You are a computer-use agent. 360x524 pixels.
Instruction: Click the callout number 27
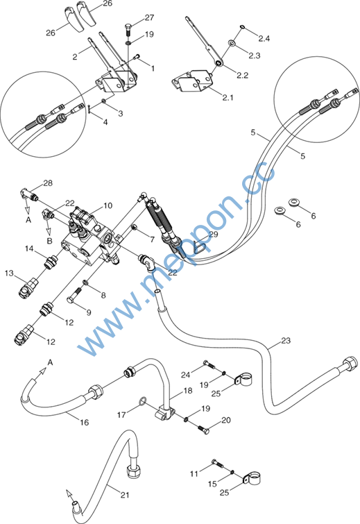[x=149, y=18]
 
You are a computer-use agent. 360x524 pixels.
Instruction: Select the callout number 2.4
[x=264, y=39]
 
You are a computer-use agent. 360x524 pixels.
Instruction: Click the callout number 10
[x=108, y=205]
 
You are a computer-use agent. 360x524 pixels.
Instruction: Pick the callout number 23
[x=286, y=341]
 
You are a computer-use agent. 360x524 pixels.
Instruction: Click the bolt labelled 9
[x=74, y=294]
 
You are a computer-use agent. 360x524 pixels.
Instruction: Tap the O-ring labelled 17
[x=143, y=400]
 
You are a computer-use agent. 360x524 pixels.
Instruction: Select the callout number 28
[x=48, y=183]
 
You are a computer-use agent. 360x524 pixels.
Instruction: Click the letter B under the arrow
[x=50, y=241]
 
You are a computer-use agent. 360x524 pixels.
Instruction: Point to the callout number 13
[x=9, y=273]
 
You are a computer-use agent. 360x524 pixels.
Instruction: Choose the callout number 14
[x=29, y=248]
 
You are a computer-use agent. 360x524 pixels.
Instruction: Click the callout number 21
[x=125, y=495]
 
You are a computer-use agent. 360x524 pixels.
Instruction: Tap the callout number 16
[x=84, y=423]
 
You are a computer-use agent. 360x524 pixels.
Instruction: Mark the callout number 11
[x=194, y=473]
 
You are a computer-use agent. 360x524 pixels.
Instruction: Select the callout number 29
[x=214, y=235]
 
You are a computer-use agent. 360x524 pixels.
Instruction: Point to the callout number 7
[x=153, y=239]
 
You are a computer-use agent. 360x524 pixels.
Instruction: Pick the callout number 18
[x=188, y=390]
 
